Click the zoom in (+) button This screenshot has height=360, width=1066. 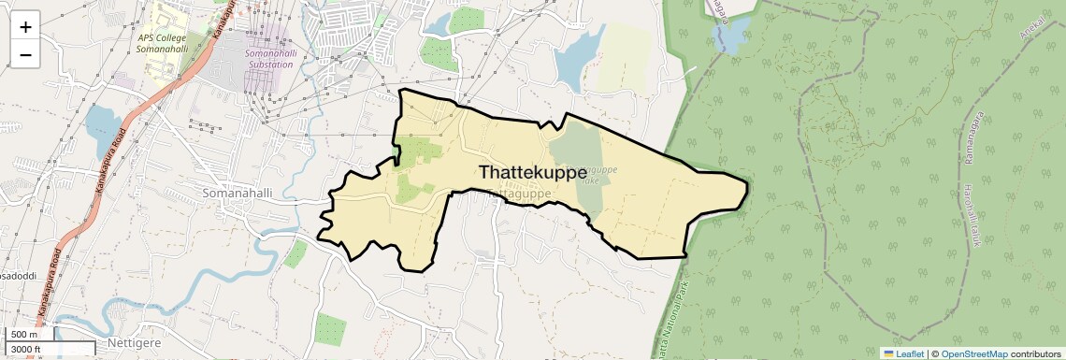pos(25,26)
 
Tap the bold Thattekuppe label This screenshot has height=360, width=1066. pos(533,173)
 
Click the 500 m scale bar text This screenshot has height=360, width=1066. pos(24,335)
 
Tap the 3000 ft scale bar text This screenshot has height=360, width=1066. pos(26,350)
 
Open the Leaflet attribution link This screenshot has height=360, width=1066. pos(904,353)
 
